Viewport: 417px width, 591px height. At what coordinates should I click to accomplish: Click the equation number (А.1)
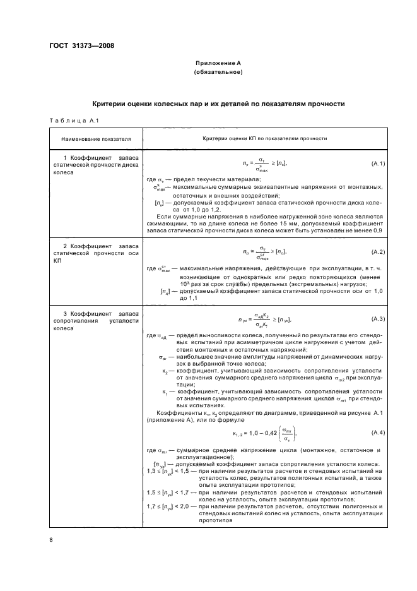point(379,164)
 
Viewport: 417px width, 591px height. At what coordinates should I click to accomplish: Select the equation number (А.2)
point(379,252)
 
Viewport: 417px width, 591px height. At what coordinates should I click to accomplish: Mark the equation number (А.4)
point(379,432)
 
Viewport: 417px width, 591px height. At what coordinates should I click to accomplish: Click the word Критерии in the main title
point(111,103)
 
